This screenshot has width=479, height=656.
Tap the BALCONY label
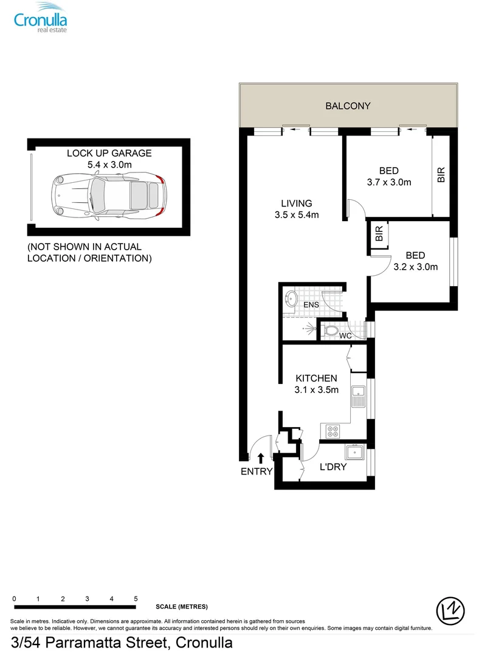[348, 106]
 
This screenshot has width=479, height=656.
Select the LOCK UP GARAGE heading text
[109, 153]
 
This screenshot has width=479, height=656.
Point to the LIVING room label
[296, 203]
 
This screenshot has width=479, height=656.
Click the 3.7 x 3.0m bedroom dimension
[389, 182]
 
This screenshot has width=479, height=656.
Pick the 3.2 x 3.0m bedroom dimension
[416, 267]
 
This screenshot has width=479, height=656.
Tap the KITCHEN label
[316, 378]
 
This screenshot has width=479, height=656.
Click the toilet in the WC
[331, 331]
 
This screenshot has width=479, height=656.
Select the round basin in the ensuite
[291, 299]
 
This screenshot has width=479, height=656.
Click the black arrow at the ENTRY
[261, 459]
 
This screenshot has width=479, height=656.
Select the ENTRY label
[257, 472]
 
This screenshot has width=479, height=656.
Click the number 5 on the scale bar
[136, 598]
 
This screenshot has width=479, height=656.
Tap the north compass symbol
[450, 609]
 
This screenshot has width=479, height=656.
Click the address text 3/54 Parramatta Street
[122, 643]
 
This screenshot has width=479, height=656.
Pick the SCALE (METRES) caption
[182, 607]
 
